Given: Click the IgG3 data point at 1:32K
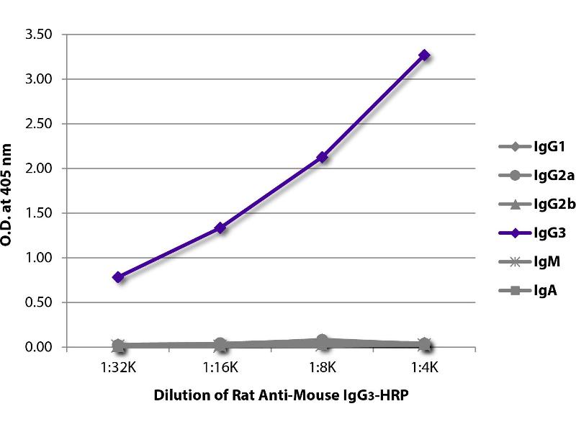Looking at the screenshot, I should (x=119, y=276).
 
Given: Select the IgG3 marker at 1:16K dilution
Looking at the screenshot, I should (x=220, y=228).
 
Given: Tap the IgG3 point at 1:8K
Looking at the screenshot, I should (x=323, y=156).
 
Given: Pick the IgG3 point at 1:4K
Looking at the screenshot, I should (x=425, y=55).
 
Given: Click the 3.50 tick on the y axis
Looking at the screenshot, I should (x=38, y=34).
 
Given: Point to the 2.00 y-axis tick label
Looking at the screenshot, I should (x=38, y=168).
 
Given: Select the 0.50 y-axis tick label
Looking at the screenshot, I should (x=38, y=302).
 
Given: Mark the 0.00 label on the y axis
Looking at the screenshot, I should (x=38, y=347).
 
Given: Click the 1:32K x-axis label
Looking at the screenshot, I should (x=119, y=367).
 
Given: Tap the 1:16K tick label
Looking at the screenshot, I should (x=220, y=367).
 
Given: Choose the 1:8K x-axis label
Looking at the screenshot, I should (x=323, y=367).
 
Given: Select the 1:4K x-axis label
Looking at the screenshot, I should (x=425, y=367).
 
